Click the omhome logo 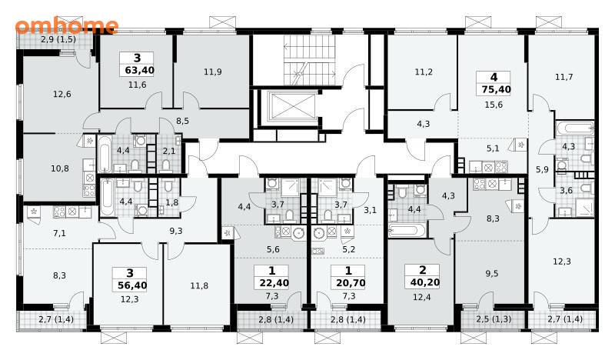coord(67,26)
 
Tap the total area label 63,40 coord(139,71)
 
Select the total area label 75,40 coord(496,89)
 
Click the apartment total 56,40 coord(132,285)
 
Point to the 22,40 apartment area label coord(274,283)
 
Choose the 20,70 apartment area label coord(351,283)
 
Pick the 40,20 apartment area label coord(425,282)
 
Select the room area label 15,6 coord(494,105)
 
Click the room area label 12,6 coord(62,94)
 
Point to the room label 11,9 coord(213,72)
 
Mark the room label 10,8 coord(60,168)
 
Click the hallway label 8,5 coord(182,121)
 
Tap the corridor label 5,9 coord(542,170)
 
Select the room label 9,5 coord(492,274)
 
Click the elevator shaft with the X coord(293,105)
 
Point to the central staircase coord(310,60)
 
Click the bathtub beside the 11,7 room coord(574,128)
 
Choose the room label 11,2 coord(424,72)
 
